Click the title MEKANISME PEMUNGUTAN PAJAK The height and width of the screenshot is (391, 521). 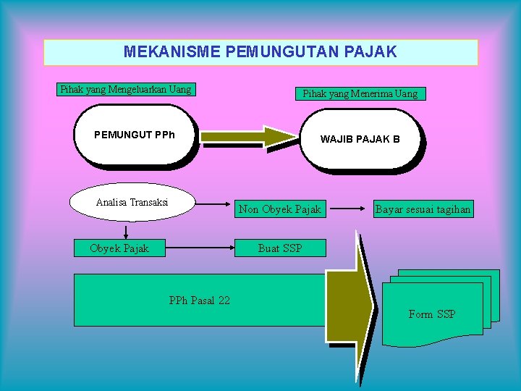pyautogui.click(x=260, y=52)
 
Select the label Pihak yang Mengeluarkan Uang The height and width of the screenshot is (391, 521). pyautogui.click(x=126, y=90)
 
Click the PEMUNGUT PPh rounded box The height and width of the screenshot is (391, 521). pyautogui.click(x=135, y=135)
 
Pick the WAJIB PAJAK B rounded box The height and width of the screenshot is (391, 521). pyautogui.click(x=360, y=139)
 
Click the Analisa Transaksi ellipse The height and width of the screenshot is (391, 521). pyautogui.click(x=132, y=202)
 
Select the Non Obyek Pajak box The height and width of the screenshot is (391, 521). pyautogui.click(x=279, y=209)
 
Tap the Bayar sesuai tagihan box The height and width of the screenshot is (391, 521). pyautogui.click(x=423, y=209)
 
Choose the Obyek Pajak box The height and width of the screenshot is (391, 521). pyautogui.click(x=119, y=248)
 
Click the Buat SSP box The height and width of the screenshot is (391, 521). pyautogui.click(x=280, y=248)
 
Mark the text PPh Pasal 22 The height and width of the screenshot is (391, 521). pyautogui.click(x=199, y=300)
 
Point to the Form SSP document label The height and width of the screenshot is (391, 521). pyautogui.click(x=432, y=314)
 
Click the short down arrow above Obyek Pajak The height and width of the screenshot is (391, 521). pyautogui.click(x=127, y=232)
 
